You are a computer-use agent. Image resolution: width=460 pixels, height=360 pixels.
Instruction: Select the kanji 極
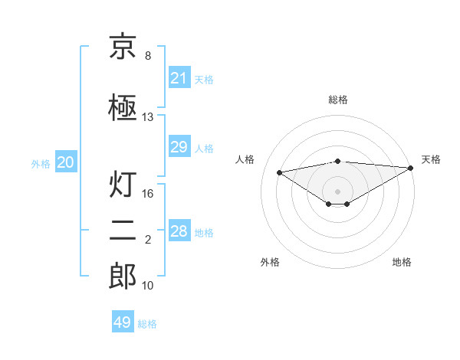(123, 108)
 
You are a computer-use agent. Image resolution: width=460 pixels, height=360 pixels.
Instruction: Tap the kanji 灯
(123, 185)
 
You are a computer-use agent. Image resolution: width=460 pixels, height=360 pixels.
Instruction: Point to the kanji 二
(123, 231)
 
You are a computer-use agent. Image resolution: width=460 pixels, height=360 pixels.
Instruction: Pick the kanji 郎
(123, 277)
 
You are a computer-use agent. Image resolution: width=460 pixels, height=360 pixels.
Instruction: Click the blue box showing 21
(179, 78)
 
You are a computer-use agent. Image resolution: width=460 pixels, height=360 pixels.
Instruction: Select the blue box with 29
(179, 147)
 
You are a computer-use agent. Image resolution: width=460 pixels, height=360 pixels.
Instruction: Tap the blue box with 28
(179, 231)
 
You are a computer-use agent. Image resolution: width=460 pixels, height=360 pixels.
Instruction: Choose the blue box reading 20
(65, 162)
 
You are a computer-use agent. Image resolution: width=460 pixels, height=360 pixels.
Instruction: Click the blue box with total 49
(123, 322)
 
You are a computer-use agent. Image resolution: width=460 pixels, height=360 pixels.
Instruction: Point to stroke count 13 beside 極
(148, 117)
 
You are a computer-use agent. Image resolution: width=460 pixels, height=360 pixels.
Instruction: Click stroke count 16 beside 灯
(148, 194)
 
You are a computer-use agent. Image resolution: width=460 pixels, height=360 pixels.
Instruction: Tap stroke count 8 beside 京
(148, 56)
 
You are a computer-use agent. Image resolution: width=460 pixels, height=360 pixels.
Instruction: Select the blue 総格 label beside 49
(147, 324)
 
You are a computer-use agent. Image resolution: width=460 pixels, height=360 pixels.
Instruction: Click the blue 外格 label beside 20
(41, 163)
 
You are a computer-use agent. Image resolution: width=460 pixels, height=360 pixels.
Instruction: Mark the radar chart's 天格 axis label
(431, 159)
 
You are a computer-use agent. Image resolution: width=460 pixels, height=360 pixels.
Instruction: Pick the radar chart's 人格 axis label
(245, 159)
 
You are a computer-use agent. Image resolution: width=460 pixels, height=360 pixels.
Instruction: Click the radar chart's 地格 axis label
(402, 262)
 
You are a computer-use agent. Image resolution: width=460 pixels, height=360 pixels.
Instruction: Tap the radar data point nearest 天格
(412, 168)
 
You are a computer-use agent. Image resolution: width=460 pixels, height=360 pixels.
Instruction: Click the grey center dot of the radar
(337, 191)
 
